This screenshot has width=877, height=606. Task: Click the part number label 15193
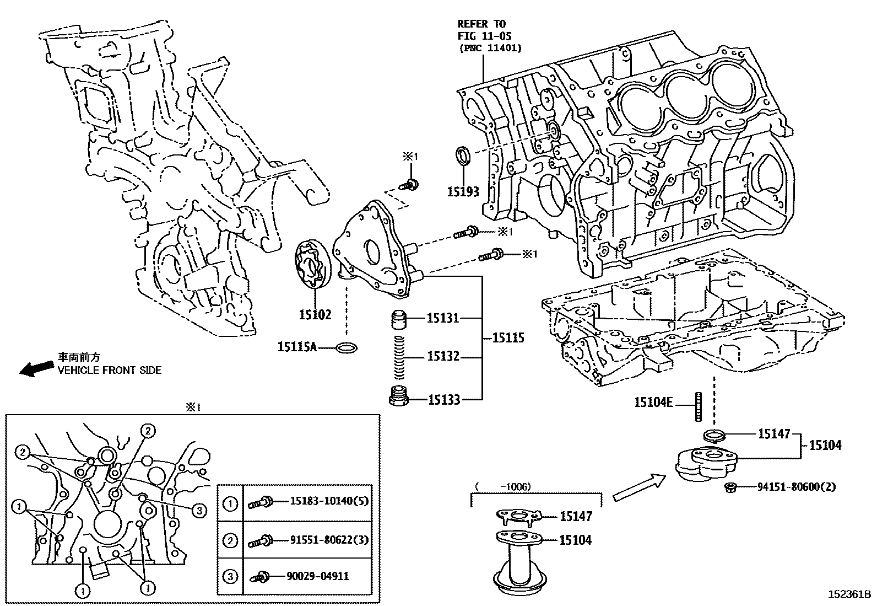463,192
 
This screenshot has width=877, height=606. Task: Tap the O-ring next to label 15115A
346,347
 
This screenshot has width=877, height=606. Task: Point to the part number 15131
443,318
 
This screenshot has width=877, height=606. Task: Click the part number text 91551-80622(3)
329,540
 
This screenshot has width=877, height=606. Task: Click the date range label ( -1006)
502,486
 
